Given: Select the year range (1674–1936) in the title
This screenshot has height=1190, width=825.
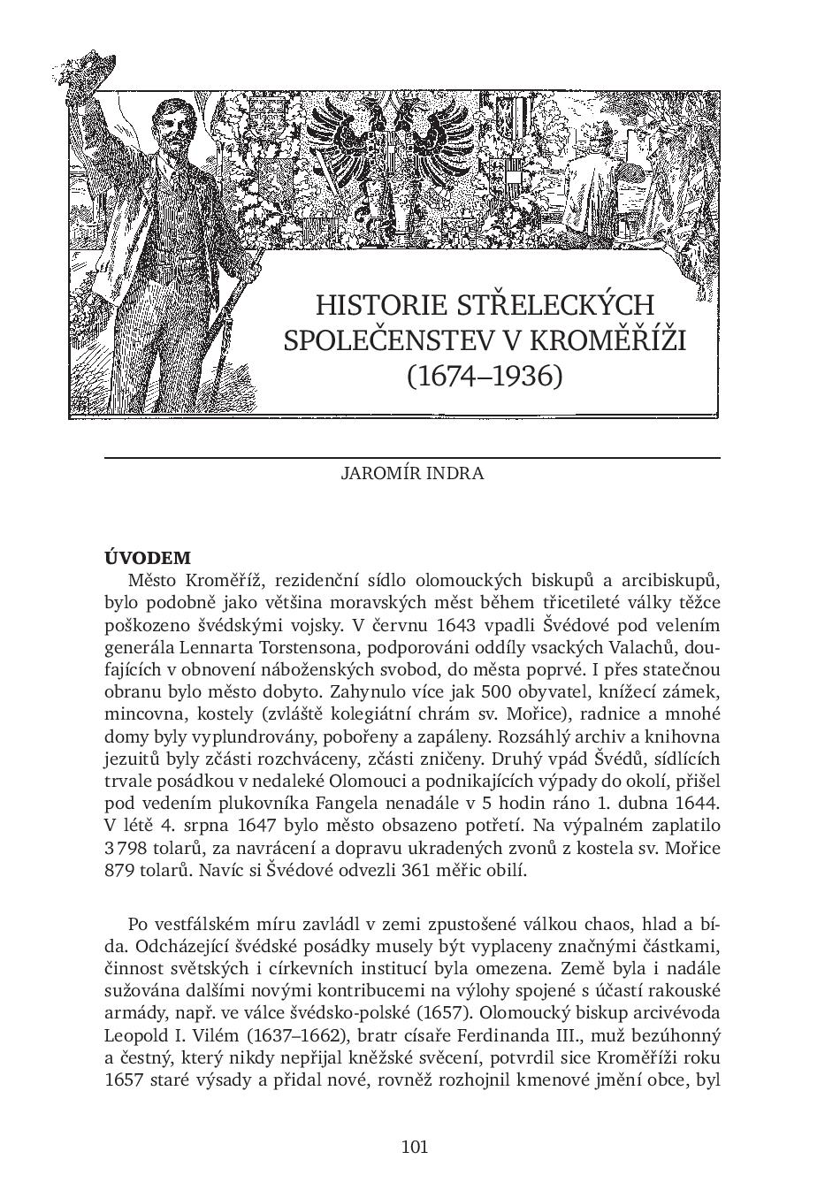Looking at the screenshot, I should pos(485,376).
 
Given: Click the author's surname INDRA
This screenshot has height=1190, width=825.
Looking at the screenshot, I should pos(454,472).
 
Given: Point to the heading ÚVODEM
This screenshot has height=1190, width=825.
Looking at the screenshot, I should pos(148,558).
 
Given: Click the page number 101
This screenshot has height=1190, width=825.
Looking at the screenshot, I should pos(414,1147).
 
